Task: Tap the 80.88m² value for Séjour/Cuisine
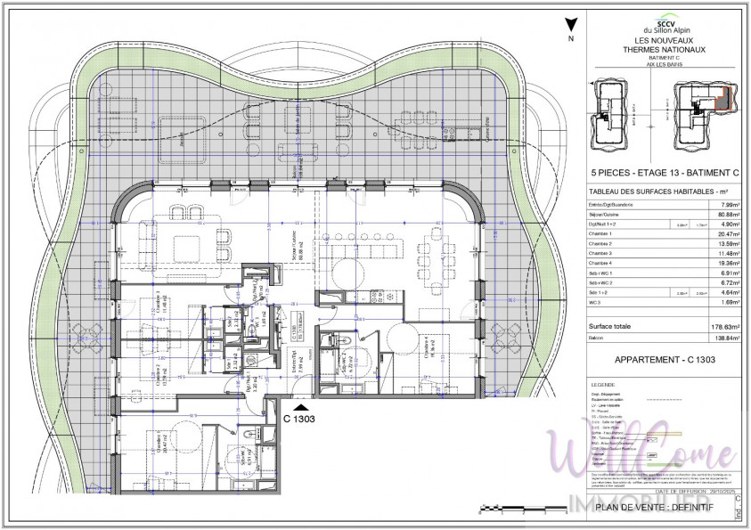728,214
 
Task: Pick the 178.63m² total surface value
726,327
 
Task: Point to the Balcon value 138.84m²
726,338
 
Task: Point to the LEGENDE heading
603,384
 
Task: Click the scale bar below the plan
522,510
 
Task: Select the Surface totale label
610,327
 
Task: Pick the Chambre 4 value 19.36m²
728,264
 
